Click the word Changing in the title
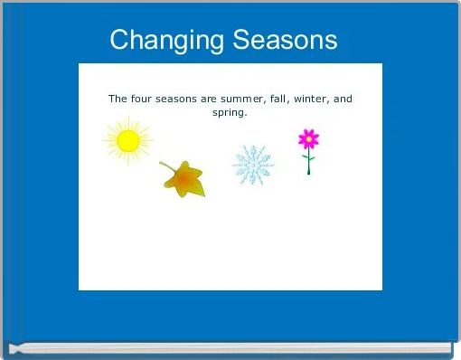[x=167, y=41]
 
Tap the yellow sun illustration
[x=128, y=141]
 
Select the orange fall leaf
[x=185, y=181]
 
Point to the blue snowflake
[x=253, y=166]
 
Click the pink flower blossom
[x=309, y=139]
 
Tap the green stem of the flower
[x=308, y=164]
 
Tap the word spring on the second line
[x=230, y=113]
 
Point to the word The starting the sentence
[x=118, y=99]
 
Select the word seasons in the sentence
[x=181, y=99]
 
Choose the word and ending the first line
[x=343, y=99]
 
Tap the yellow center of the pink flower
[x=309, y=139]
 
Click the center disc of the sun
[x=128, y=141]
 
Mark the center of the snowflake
[x=253, y=166]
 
